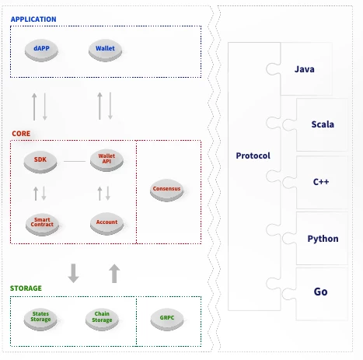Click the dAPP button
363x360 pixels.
point(41,51)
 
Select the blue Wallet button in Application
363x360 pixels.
point(105,51)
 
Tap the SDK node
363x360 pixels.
point(40,162)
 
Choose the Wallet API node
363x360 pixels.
point(106,160)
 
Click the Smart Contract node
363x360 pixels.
point(42,224)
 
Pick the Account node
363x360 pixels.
point(106,223)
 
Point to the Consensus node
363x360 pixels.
point(166,190)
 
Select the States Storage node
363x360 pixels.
point(40,319)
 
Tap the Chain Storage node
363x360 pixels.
point(102,319)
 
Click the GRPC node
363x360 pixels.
point(167,319)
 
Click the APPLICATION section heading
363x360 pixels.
point(33,19)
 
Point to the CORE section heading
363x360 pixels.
point(21,134)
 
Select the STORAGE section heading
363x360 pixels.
point(26,288)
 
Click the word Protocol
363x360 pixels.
point(253,156)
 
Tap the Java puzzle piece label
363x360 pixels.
point(305,69)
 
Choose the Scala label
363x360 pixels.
point(323,124)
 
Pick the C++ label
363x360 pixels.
point(321,182)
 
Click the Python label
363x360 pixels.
point(323,239)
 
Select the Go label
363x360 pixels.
point(320,292)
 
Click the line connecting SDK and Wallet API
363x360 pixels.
point(75,161)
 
